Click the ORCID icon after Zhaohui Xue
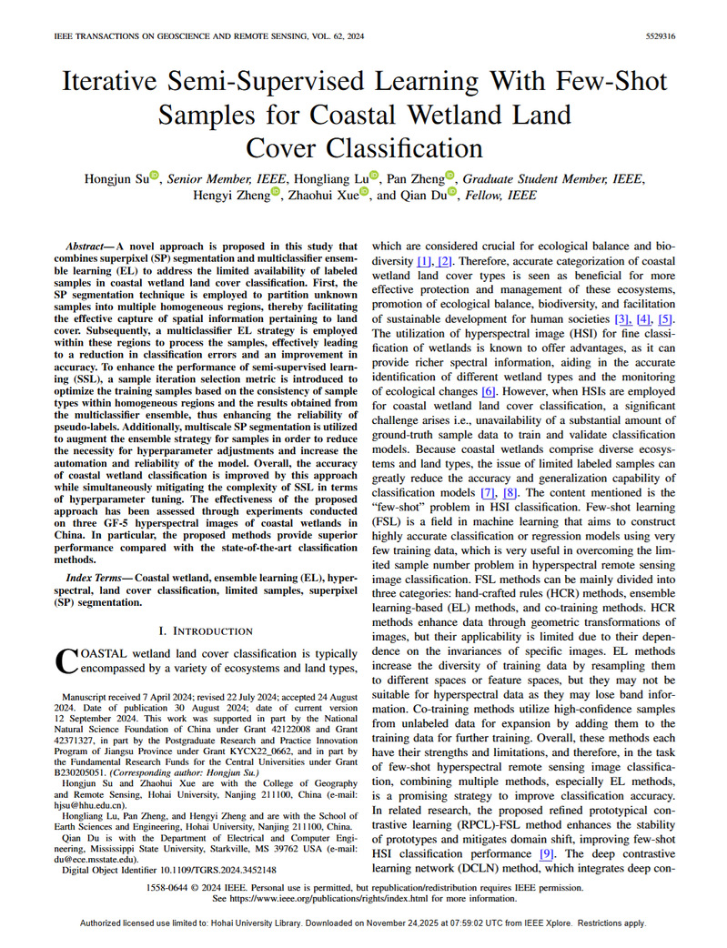tap(364, 193)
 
